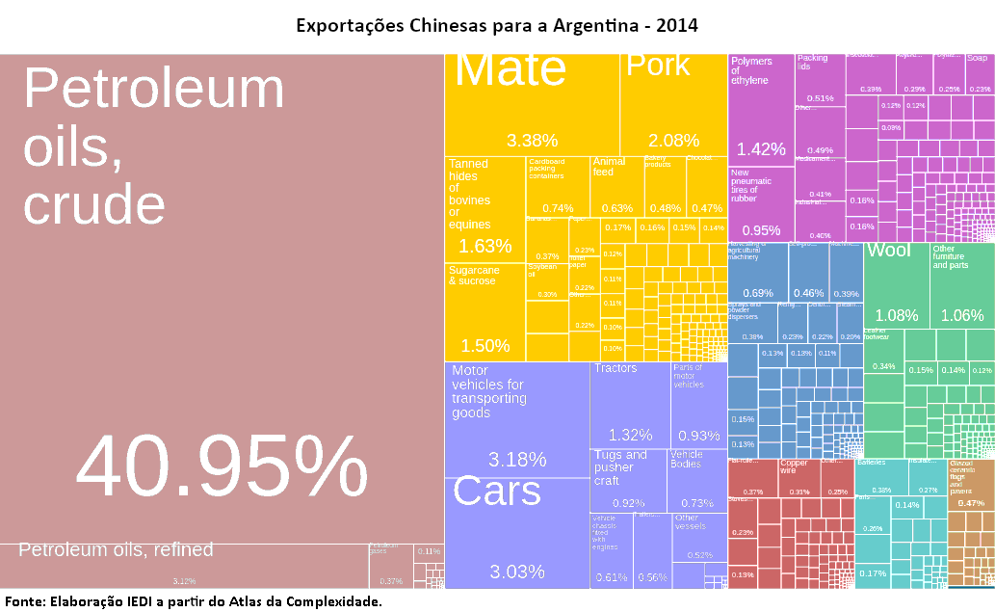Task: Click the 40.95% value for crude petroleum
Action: point(222,469)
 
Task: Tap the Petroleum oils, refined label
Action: point(116,550)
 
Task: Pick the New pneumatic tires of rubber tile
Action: point(761,203)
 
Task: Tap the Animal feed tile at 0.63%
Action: point(616,185)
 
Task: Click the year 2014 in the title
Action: point(676,24)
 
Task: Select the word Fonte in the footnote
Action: point(24,601)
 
